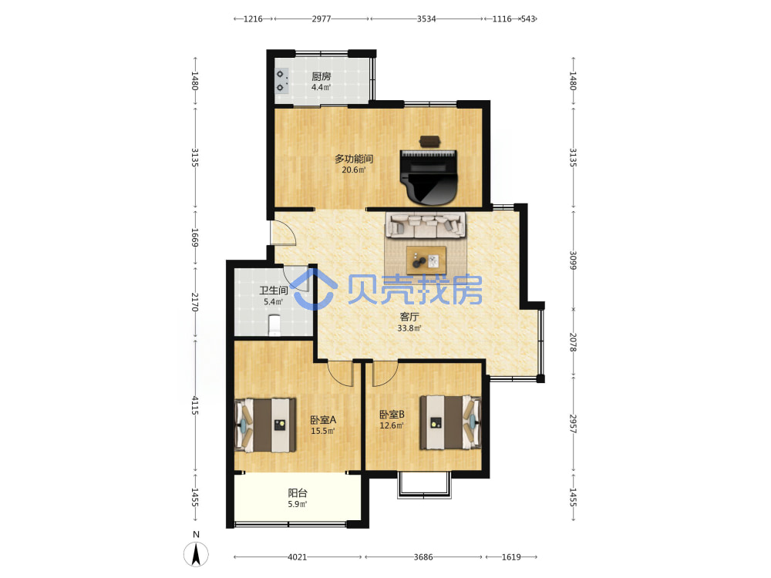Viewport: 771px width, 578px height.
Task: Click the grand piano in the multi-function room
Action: point(429,177)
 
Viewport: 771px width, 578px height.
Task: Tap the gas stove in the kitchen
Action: point(281,81)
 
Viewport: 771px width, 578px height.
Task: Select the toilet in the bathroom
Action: point(274,325)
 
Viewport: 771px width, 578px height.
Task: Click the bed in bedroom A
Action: point(265,425)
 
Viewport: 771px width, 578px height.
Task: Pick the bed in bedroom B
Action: point(450,422)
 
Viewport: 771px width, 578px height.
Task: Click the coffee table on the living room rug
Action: point(426,260)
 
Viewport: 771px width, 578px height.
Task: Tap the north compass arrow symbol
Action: point(196,554)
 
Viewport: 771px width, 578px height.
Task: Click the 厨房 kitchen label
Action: point(321,76)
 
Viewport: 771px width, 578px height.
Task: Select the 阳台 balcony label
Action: point(298,493)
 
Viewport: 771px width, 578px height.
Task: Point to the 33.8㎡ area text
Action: point(409,328)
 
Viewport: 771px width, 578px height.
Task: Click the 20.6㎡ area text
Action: point(354,170)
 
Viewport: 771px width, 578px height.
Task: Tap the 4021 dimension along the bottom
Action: point(297,557)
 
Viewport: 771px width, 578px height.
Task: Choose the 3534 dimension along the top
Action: point(426,18)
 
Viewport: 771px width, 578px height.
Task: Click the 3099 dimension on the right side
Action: point(573,260)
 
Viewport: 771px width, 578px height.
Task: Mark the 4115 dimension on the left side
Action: point(195,405)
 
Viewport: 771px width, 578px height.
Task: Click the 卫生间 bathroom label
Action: point(274,291)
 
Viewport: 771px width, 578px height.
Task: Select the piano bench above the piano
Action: point(430,140)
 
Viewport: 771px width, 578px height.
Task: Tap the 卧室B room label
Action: point(392,415)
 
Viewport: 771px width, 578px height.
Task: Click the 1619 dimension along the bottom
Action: point(511,557)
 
